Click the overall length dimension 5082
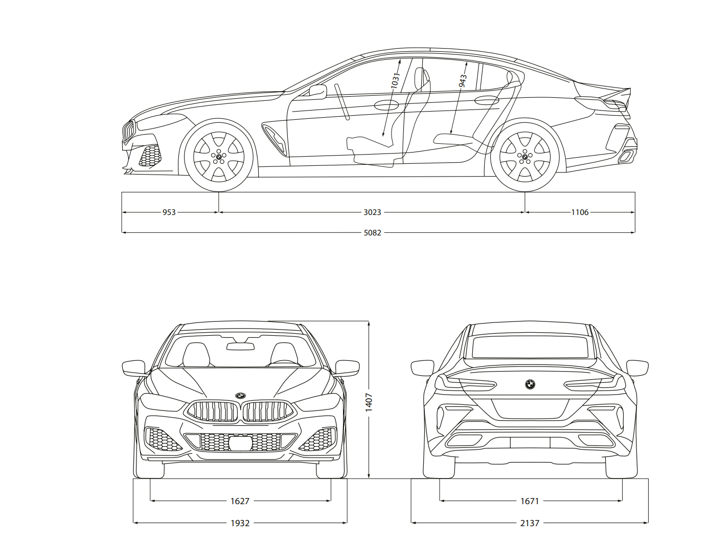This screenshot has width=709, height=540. click(372, 233)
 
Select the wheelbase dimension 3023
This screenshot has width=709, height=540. click(372, 212)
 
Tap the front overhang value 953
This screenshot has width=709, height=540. click(169, 212)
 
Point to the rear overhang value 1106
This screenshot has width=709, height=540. click(580, 212)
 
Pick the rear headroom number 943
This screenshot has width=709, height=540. click(463, 81)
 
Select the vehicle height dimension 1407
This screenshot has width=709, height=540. click(369, 402)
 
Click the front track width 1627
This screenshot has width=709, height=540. click(240, 501)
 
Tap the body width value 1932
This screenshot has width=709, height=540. click(240, 523)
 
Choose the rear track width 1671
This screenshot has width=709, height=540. click(530, 501)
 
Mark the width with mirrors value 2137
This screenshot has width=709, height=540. click(530, 523)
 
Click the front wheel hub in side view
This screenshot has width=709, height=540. click(219, 157)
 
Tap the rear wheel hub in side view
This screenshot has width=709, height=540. click(524, 157)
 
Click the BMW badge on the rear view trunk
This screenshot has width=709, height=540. click(530, 384)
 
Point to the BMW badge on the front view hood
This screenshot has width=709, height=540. click(240, 396)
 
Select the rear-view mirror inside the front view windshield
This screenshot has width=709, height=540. click(240, 347)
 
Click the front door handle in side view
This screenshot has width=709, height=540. click(386, 105)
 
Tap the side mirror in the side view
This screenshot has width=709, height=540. click(318, 92)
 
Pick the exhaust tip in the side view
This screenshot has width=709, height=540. click(626, 157)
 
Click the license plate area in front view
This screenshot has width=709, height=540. click(240, 443)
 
